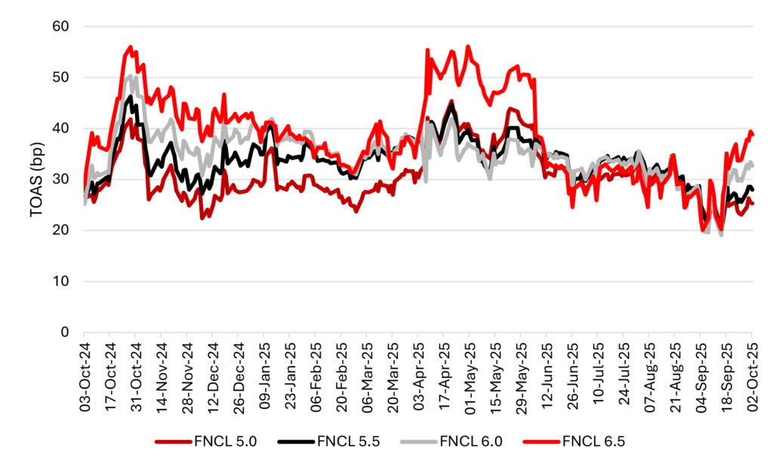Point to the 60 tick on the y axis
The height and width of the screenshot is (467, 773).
(60, 26)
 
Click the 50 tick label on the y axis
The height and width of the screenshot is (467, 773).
(60, 77)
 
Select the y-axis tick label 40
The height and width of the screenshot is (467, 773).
(60, 128)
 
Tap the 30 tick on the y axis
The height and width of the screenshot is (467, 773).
(60, 180)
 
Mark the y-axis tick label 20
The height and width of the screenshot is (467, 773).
(60, 230)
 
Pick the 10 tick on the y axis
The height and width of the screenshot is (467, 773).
(60, 281)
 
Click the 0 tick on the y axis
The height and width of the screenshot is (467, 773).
(63, 332)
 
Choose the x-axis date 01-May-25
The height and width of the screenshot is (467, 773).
(468, 376)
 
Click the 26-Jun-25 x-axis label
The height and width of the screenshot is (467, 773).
(571, 376)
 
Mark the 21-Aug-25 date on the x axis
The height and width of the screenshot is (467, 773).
(673, 376)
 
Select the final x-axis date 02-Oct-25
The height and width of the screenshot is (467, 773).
(751, 376)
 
